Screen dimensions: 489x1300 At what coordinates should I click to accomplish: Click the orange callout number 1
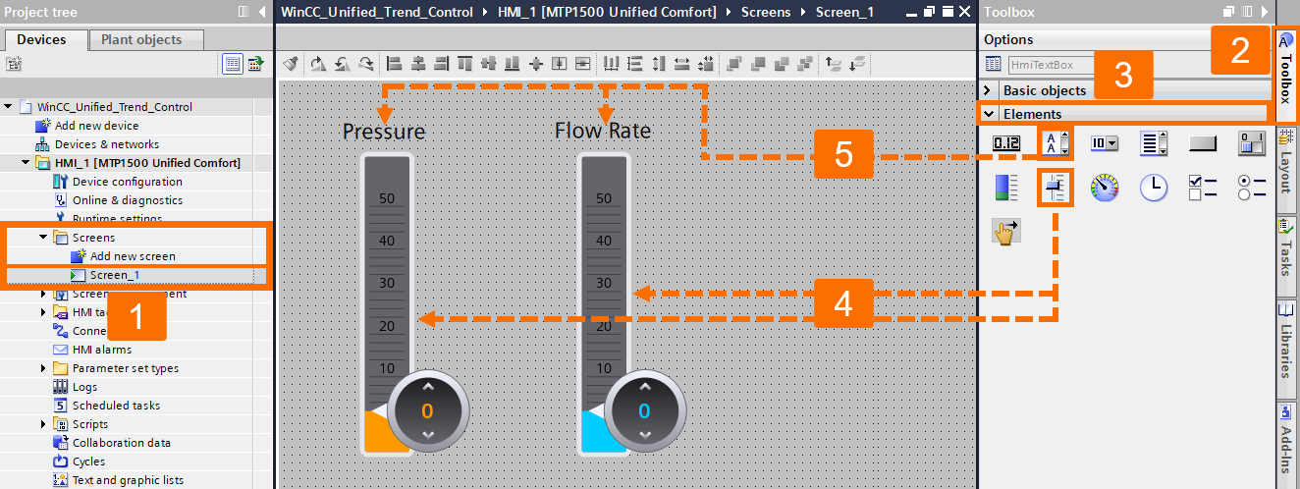click(x=137, y=316)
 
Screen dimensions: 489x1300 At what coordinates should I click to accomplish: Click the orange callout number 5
click(x=843, y=154)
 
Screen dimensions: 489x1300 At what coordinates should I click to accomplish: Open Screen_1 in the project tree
click(x=114, y=275)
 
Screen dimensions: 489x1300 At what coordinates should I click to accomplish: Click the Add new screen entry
click(x=133, y=256)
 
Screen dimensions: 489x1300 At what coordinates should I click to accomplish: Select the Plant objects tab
click(x=146, y=40)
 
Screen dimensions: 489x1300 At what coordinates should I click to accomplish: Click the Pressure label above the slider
click(x=384, y=132)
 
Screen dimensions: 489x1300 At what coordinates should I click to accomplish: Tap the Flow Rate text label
click(x=602, y=131)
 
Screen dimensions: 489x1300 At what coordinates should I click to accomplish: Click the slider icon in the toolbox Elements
click(x=1055, y=187)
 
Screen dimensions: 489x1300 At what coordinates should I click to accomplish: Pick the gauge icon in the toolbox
click(x=1105, y=187)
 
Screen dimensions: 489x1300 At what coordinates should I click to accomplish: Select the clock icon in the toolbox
click(x=1153, y=187)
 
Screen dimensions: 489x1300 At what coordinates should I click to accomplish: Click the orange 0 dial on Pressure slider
click(x=427, y=410)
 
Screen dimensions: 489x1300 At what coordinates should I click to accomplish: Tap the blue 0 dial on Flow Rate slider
click(x=644, y=410)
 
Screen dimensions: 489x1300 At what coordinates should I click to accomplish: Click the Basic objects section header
click(x=1045, y=90)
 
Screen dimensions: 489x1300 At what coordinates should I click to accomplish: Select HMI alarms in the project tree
click(x=101, y=350)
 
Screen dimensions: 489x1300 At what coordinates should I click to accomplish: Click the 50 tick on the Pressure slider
click(x=387, y=198)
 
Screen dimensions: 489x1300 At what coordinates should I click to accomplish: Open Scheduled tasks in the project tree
click(x=116, y=406)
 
